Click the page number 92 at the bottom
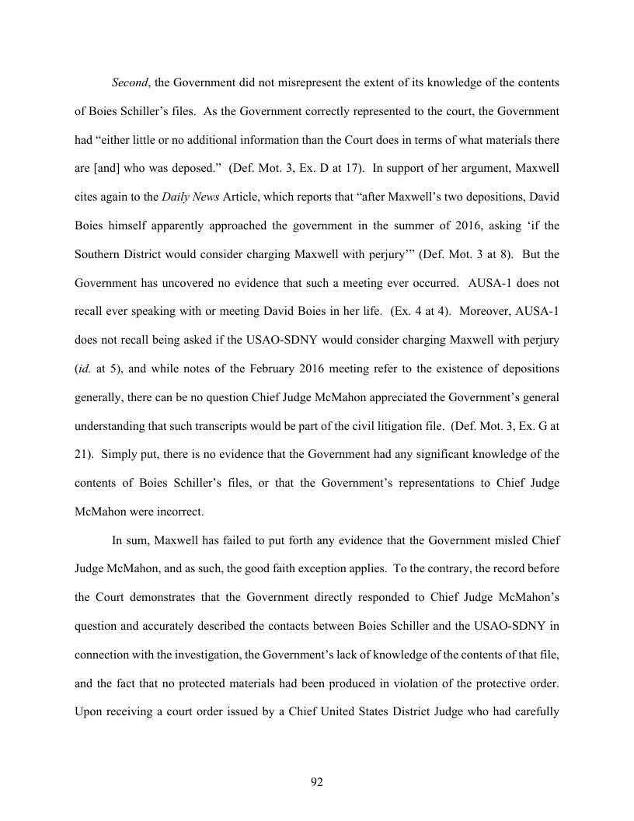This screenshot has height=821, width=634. (317, 782)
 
